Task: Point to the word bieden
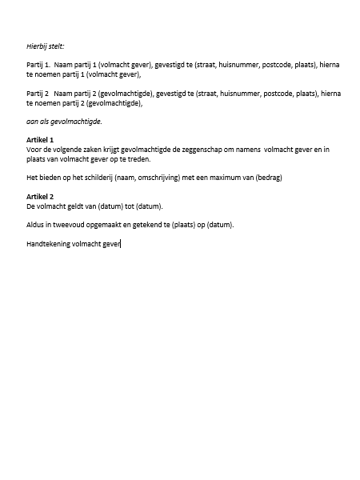49,177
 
